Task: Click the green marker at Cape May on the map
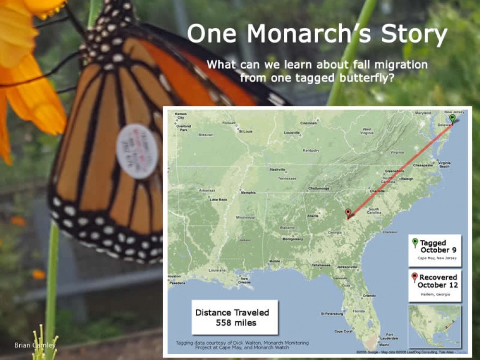[452, 119]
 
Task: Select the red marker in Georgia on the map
[348, 214]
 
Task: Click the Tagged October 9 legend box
[435, 250]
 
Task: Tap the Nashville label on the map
[278, 169]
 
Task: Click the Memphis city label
[248, 193]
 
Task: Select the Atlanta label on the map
[312, 216]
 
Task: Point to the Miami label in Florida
[384, 345]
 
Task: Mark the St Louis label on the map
[246, 131]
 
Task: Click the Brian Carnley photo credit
[35, 345]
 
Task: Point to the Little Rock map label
[218, 199]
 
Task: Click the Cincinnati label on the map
[308, 123]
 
